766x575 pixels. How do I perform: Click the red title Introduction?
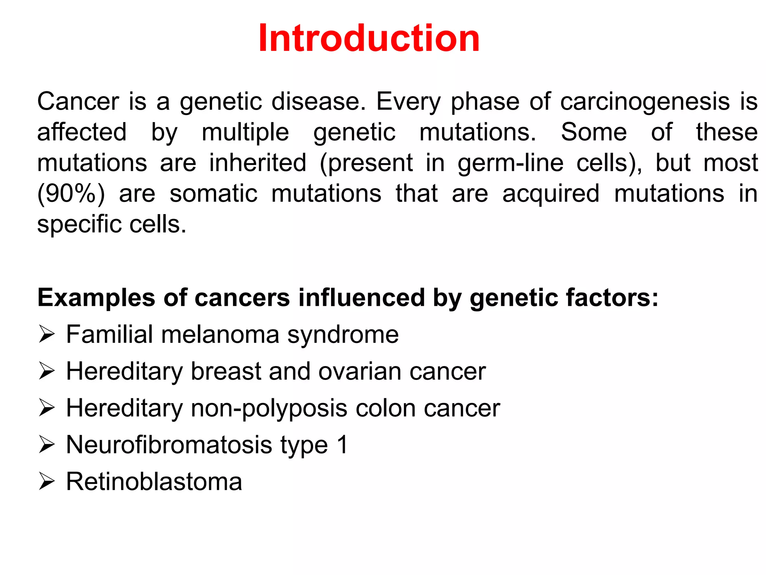pyautogui.click(x=369, y=38)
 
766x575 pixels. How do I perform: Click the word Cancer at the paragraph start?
pyautogui.click(x=78, y=101)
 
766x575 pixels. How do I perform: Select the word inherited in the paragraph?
pyautogui.click(x=258, y=163)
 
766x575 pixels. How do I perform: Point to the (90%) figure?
pyautogui.click(x=71, y=194)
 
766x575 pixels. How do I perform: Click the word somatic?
pyautogui.click(x=214, y=194)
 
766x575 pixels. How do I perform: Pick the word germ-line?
pyautogui.click(x=511, y=164)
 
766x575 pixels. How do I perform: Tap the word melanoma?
pyautogui.click(x=220, y=334)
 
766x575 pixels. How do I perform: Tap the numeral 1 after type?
pyautogui.click(x=342, y=445)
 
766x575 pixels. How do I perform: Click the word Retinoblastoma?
pyautogui.click(x=154, y=481)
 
